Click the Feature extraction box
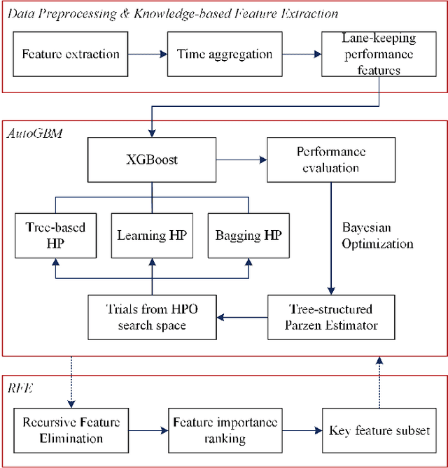[x=71, y=54]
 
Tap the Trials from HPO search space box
[x=152, y=317]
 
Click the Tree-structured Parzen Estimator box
[x=330, y=317]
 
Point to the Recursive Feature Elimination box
[x=71, y=430]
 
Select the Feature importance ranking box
[x=225, y=430]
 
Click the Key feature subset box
[x=379, y=430]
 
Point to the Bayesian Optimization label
[x=377, y=236]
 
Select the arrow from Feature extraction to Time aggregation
[x=147, y=54]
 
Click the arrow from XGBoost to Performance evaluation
[x=241, y=159]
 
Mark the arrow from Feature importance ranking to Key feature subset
[x=302, y=430]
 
